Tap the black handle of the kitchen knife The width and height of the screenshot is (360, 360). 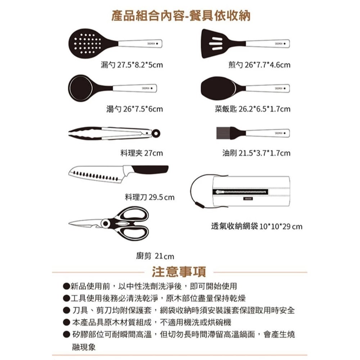click(x=151, y=170)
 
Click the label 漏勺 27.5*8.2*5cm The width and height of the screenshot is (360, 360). click(x=131, y=65)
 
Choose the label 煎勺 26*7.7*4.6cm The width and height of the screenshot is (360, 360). click(x=259, y=65)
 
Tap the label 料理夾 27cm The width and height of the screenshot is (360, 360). click(x=141, y=153)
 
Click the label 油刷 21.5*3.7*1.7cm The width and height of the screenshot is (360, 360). click(x=256, y=153)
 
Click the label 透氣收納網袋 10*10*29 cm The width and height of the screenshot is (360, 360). click(x=257, y=227)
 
